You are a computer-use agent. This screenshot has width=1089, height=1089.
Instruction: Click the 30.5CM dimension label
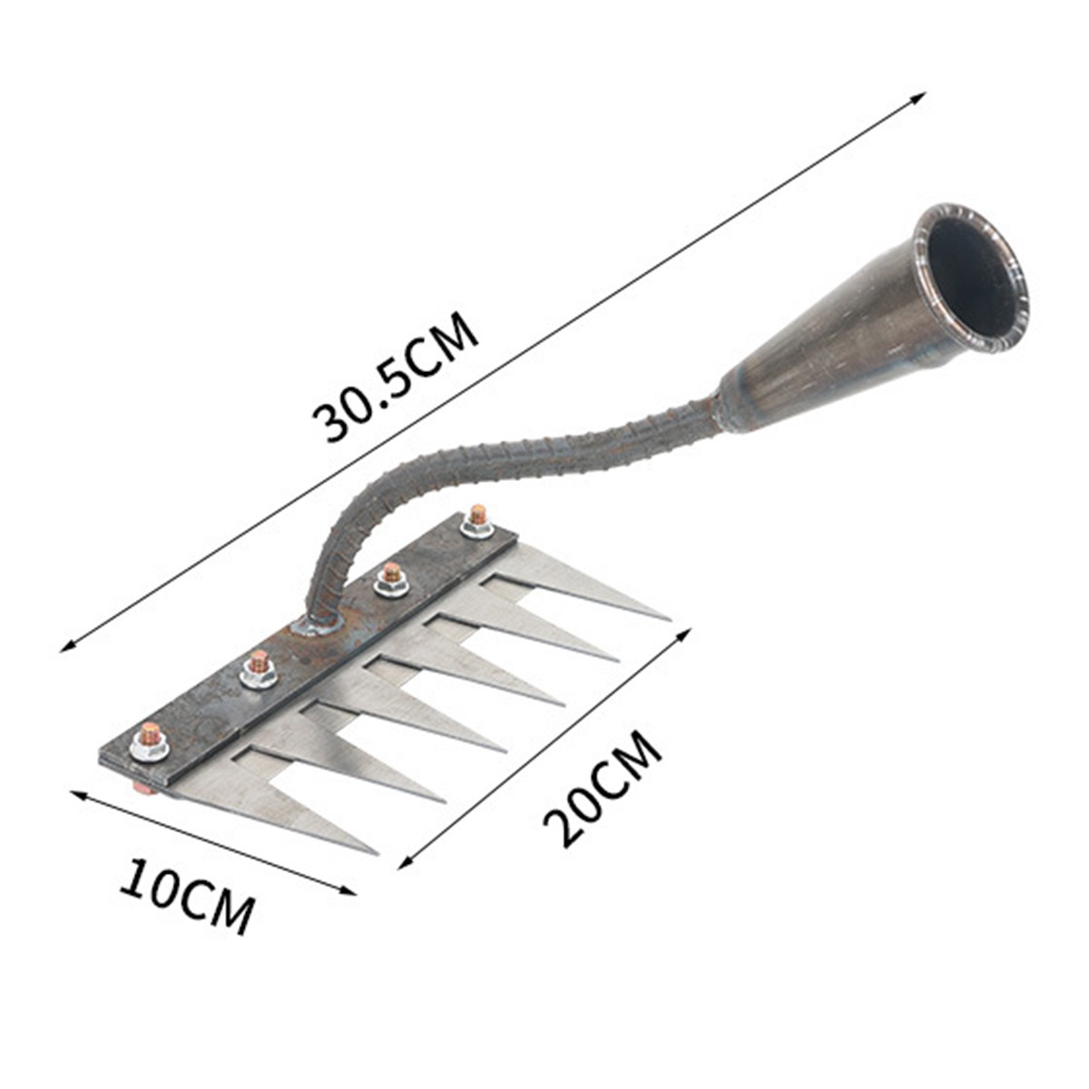click(x=396, y=376)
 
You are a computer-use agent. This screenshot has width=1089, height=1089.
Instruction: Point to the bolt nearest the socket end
click(x=477, y=521)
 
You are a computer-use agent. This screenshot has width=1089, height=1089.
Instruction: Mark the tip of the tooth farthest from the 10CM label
click(x=668, y=619)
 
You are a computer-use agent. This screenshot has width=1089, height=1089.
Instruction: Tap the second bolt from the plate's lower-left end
click(x=259, y=669)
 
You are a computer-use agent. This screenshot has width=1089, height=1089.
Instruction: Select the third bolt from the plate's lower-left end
click(x=391, y=579)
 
